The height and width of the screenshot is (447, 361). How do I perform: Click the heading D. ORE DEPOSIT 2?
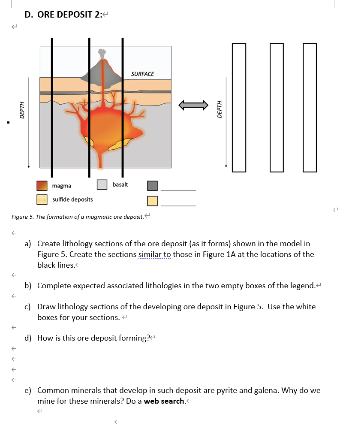[63, 15]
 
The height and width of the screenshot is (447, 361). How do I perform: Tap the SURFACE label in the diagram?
[142, 74]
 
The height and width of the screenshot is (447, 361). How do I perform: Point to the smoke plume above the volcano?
[102, 54]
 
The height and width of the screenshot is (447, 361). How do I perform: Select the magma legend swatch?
[42, 186]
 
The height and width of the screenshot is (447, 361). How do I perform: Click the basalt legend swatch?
[102, 184]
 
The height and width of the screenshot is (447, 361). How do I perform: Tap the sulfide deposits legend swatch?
[42, 199]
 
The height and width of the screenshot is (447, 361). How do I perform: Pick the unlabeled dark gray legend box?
[152, 186]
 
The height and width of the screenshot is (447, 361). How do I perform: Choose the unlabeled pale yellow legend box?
[152, 201]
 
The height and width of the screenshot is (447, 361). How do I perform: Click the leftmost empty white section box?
[239, 107]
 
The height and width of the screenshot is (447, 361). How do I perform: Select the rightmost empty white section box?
[310, 107]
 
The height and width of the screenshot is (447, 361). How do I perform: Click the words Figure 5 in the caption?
[22, 217]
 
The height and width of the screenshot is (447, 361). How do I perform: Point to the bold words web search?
[163, 402]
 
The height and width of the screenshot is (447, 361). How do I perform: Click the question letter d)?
[29, 338]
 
